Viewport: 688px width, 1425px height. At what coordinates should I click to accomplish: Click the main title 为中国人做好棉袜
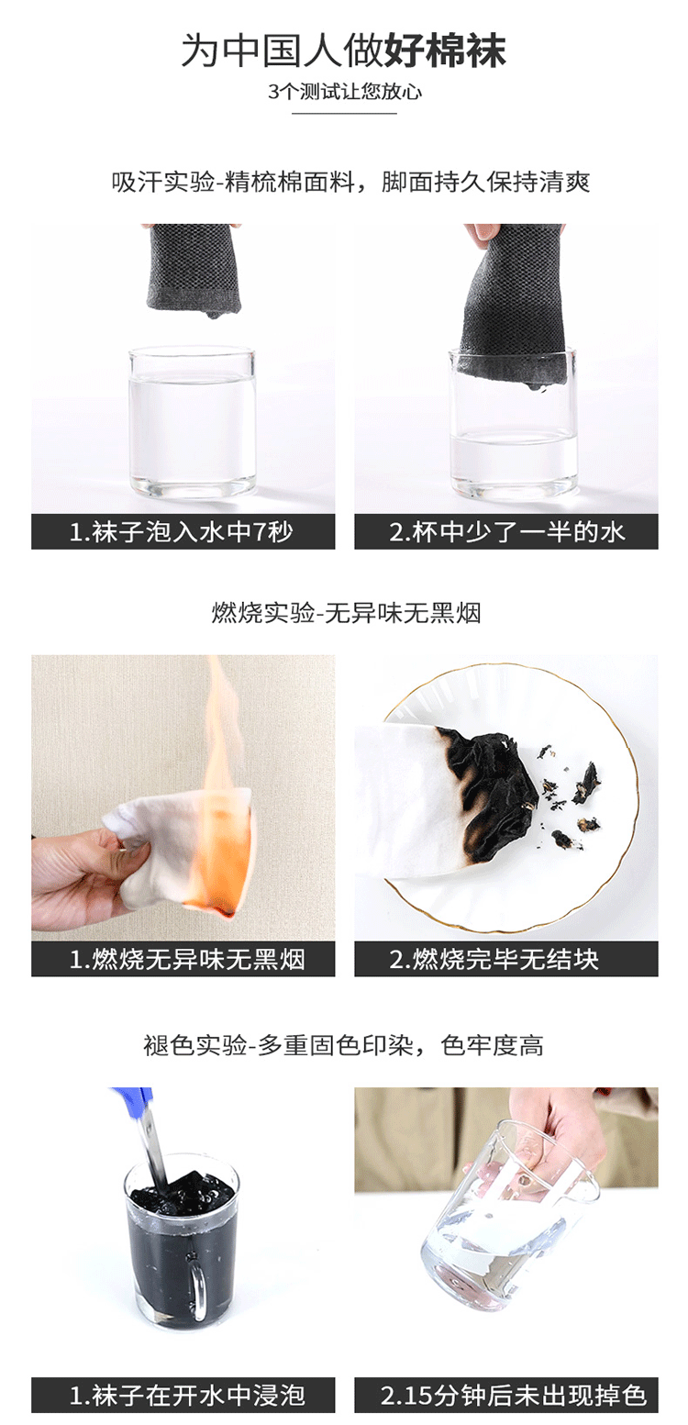tap(343, 50)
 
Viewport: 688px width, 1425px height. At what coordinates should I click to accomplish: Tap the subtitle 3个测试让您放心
tap(345, 93)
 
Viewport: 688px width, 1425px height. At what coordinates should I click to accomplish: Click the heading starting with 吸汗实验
tap(351, 182)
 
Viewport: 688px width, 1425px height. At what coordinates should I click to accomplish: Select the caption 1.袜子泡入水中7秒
tap(182, 532)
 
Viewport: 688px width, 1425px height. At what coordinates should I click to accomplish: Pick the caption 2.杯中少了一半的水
tap(507, 532)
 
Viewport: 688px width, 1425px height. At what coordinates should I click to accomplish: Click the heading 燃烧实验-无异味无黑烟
tap(346, 613)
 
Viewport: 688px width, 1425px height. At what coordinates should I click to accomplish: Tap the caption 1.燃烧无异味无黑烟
tap(187, 960)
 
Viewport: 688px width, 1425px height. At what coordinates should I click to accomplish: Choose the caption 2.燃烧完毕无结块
tap(494, 960)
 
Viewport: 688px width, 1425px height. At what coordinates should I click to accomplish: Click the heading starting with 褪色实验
tap(343, 1045)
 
